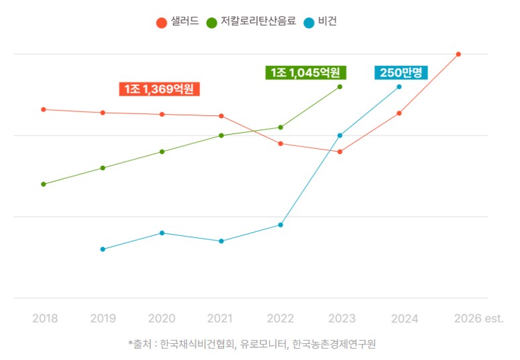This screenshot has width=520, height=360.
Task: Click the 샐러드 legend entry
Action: coord(178,21)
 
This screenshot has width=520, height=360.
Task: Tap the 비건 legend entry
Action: coord(320,21)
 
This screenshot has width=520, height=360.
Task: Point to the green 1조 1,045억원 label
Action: coord(305,72)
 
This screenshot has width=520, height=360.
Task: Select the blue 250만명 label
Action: coord(401,72)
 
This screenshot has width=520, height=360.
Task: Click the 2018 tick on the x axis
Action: coord(45,318)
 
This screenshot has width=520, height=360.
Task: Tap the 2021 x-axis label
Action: coord(221,318)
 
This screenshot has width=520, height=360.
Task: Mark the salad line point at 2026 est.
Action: coord(458,54)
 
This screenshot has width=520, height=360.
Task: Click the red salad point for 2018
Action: coord(44,109)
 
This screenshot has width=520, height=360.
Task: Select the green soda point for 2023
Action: coord(340,86)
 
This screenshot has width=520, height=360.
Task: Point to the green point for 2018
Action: coord(44,184)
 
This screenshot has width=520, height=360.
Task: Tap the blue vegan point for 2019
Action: coord(103,249)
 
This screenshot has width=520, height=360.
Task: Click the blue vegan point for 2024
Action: coord(399,86)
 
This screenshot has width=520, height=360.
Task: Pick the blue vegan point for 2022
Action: coord(280,225)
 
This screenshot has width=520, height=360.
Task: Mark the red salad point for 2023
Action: coord(340,152)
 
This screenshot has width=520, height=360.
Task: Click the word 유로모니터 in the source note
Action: coord(263,345)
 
